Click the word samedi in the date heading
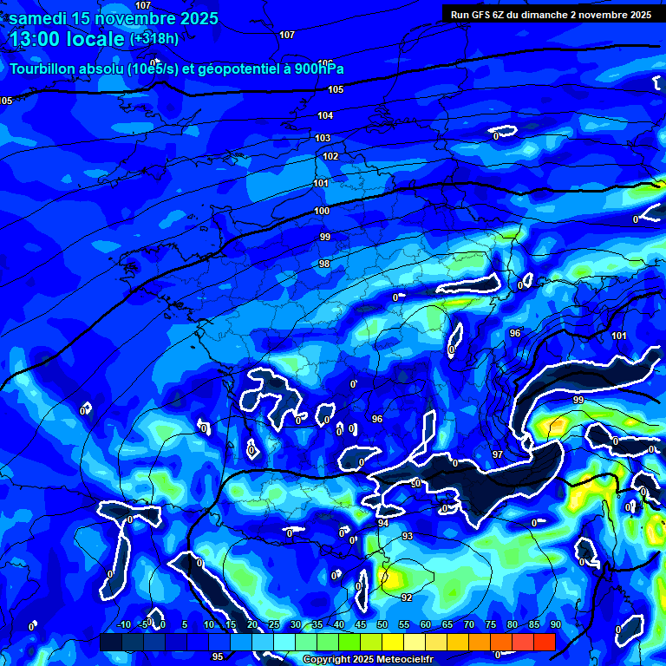(40, 18)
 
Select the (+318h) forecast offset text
(154, 38)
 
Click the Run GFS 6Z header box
(551, 14)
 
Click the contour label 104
(325, 115)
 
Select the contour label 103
(323, 138)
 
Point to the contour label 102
(330, 157)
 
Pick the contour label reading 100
(322, 211)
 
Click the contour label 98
(324, 264)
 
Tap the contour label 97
(498, 454)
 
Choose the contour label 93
(408, 537)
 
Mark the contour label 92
(406, 597)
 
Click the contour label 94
(383, 524)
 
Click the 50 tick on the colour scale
(382, 624)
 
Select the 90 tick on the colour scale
(555, 624)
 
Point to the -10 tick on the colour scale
(124, 624)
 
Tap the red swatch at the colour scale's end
(544, 642)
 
